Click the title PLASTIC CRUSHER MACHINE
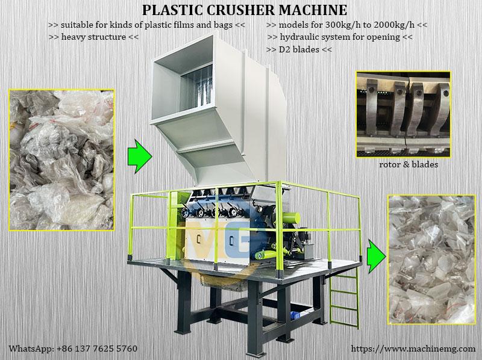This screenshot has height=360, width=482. [243, 10]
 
